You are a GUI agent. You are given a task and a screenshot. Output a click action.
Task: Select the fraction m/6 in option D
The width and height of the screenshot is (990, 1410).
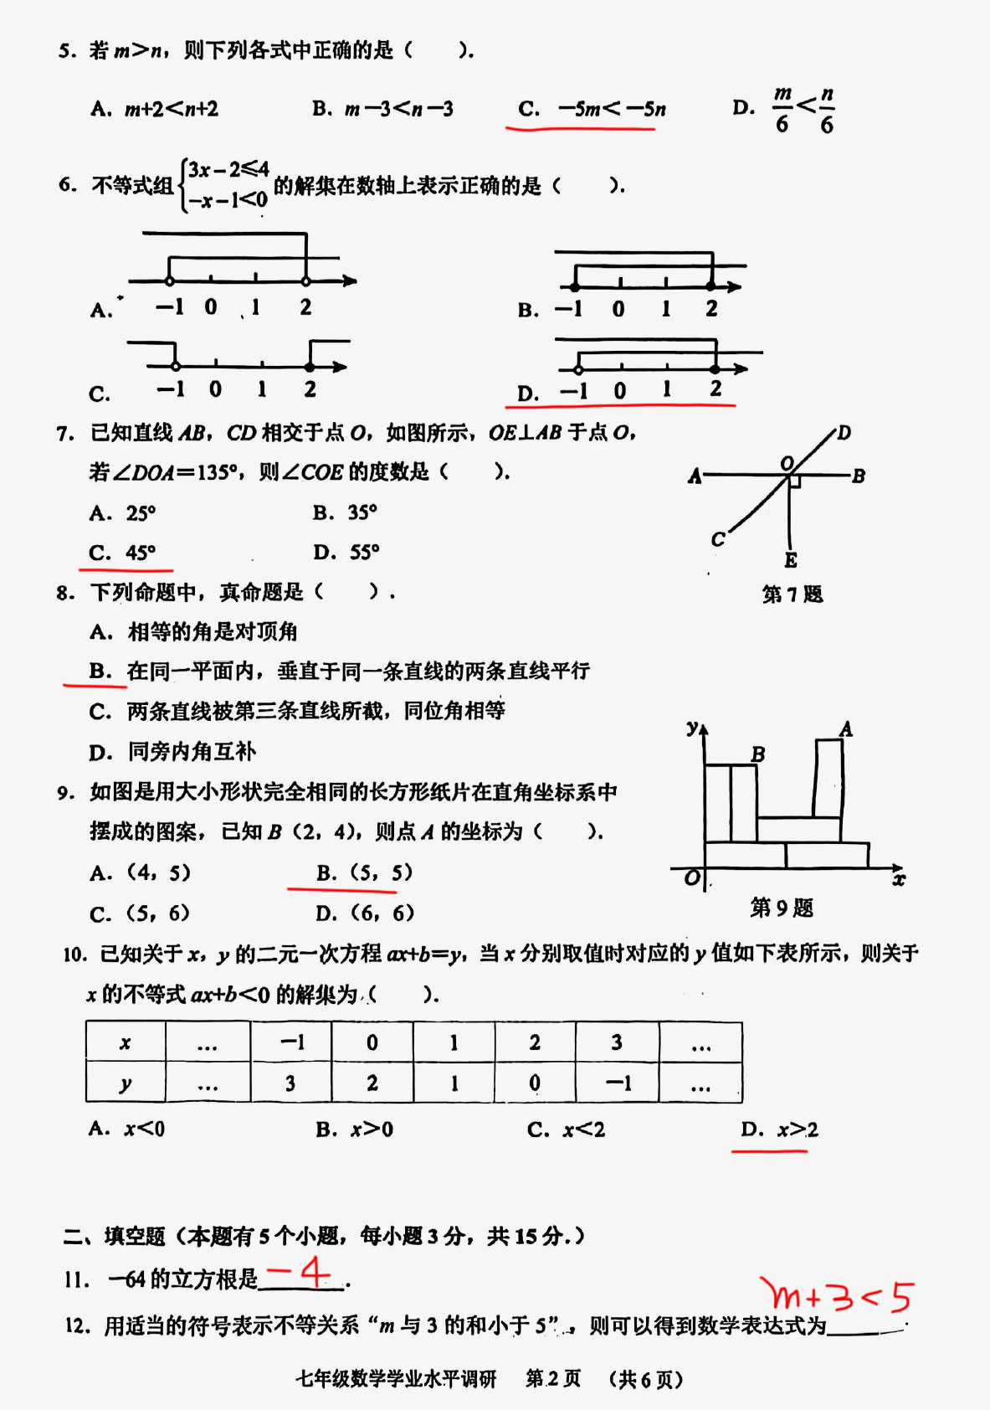point(782,109)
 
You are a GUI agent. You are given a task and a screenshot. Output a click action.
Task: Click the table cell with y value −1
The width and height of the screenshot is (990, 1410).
point(618,1083)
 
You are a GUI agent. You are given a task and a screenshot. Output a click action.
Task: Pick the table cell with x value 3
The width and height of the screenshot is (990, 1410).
point(617,1042)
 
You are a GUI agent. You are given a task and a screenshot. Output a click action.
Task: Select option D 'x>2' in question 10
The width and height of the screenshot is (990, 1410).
point(779,1130)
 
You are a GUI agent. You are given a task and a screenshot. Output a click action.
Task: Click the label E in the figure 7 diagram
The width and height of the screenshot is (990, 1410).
point(791,560)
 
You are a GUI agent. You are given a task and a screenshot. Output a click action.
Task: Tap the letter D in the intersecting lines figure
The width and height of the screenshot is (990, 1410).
point(844,433)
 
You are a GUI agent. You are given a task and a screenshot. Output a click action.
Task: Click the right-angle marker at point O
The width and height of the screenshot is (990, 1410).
point(795,481)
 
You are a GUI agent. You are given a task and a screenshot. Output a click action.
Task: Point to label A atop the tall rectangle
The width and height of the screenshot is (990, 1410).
point(846,728)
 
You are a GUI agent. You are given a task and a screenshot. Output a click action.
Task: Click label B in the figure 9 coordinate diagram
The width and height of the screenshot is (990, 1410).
point(758,754)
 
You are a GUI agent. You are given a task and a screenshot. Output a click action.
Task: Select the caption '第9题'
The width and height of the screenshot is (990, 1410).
point(782,908)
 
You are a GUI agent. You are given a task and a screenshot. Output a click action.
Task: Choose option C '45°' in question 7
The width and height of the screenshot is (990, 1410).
point(123,553)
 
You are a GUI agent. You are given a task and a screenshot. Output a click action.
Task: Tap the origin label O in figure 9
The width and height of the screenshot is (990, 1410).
point(692,878)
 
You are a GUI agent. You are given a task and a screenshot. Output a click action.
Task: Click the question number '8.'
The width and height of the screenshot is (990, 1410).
point(66,593)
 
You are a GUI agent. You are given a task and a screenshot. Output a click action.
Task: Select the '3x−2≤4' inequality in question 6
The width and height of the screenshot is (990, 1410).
point(228,170)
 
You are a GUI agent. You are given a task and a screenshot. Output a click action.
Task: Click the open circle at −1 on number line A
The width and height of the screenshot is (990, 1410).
point(170,281)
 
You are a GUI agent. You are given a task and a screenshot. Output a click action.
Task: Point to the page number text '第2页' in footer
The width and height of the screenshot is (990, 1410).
point(553,1379)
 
